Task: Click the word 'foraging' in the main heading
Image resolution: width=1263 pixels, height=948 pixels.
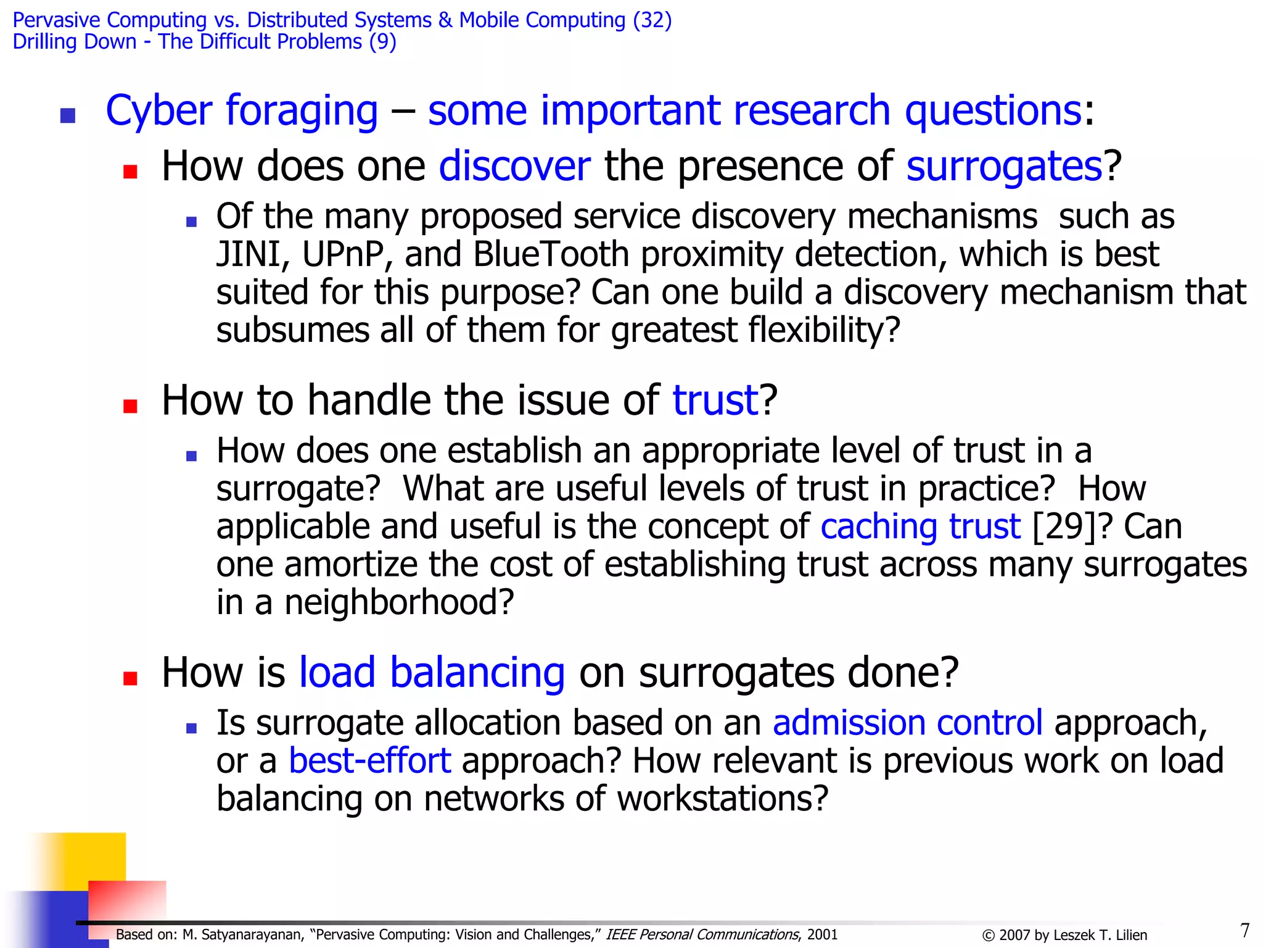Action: (302, 111)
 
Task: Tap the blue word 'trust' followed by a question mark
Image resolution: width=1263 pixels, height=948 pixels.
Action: (715, 400)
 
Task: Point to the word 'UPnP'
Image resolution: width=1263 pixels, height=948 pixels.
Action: (343, 254)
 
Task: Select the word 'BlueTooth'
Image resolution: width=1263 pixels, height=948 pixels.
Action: (551, 254)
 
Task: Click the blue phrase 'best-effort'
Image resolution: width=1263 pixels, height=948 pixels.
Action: (370, 760)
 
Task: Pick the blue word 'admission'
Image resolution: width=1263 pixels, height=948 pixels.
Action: (849, 723)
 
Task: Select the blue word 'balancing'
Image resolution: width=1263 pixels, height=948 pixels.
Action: (477, 672)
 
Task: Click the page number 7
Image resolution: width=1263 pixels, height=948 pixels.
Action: (1244, 930)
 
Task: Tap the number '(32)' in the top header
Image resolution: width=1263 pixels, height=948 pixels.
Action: (652, 20)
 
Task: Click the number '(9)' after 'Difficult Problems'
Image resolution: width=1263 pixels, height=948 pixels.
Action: (382, 42)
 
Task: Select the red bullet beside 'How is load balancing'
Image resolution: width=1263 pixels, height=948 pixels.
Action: (130, 678)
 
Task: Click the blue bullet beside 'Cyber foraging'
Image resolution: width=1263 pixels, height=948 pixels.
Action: (68, 115)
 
